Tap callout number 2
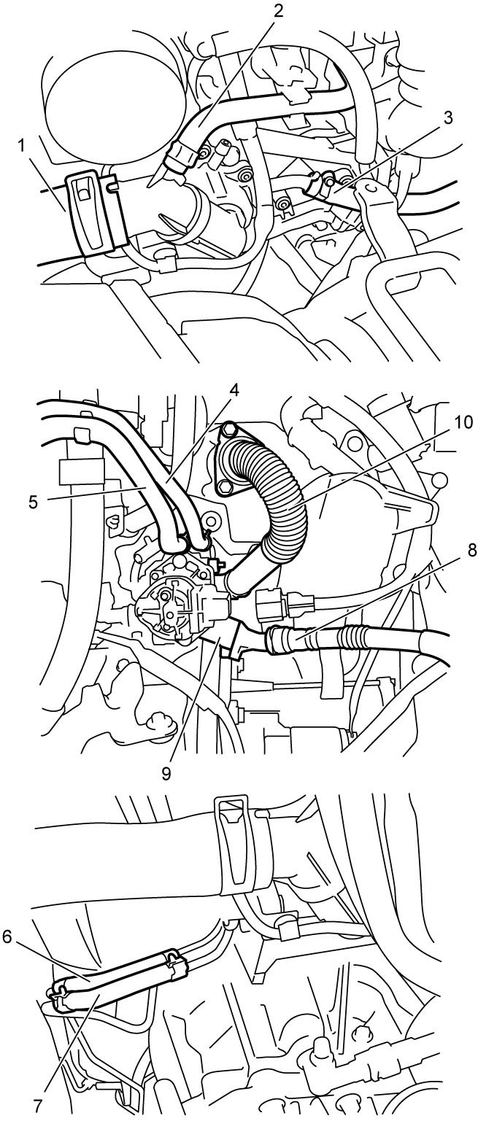(278, 10)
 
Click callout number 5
(33, 502)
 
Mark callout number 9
(166, 772)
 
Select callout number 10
(463, 423)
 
